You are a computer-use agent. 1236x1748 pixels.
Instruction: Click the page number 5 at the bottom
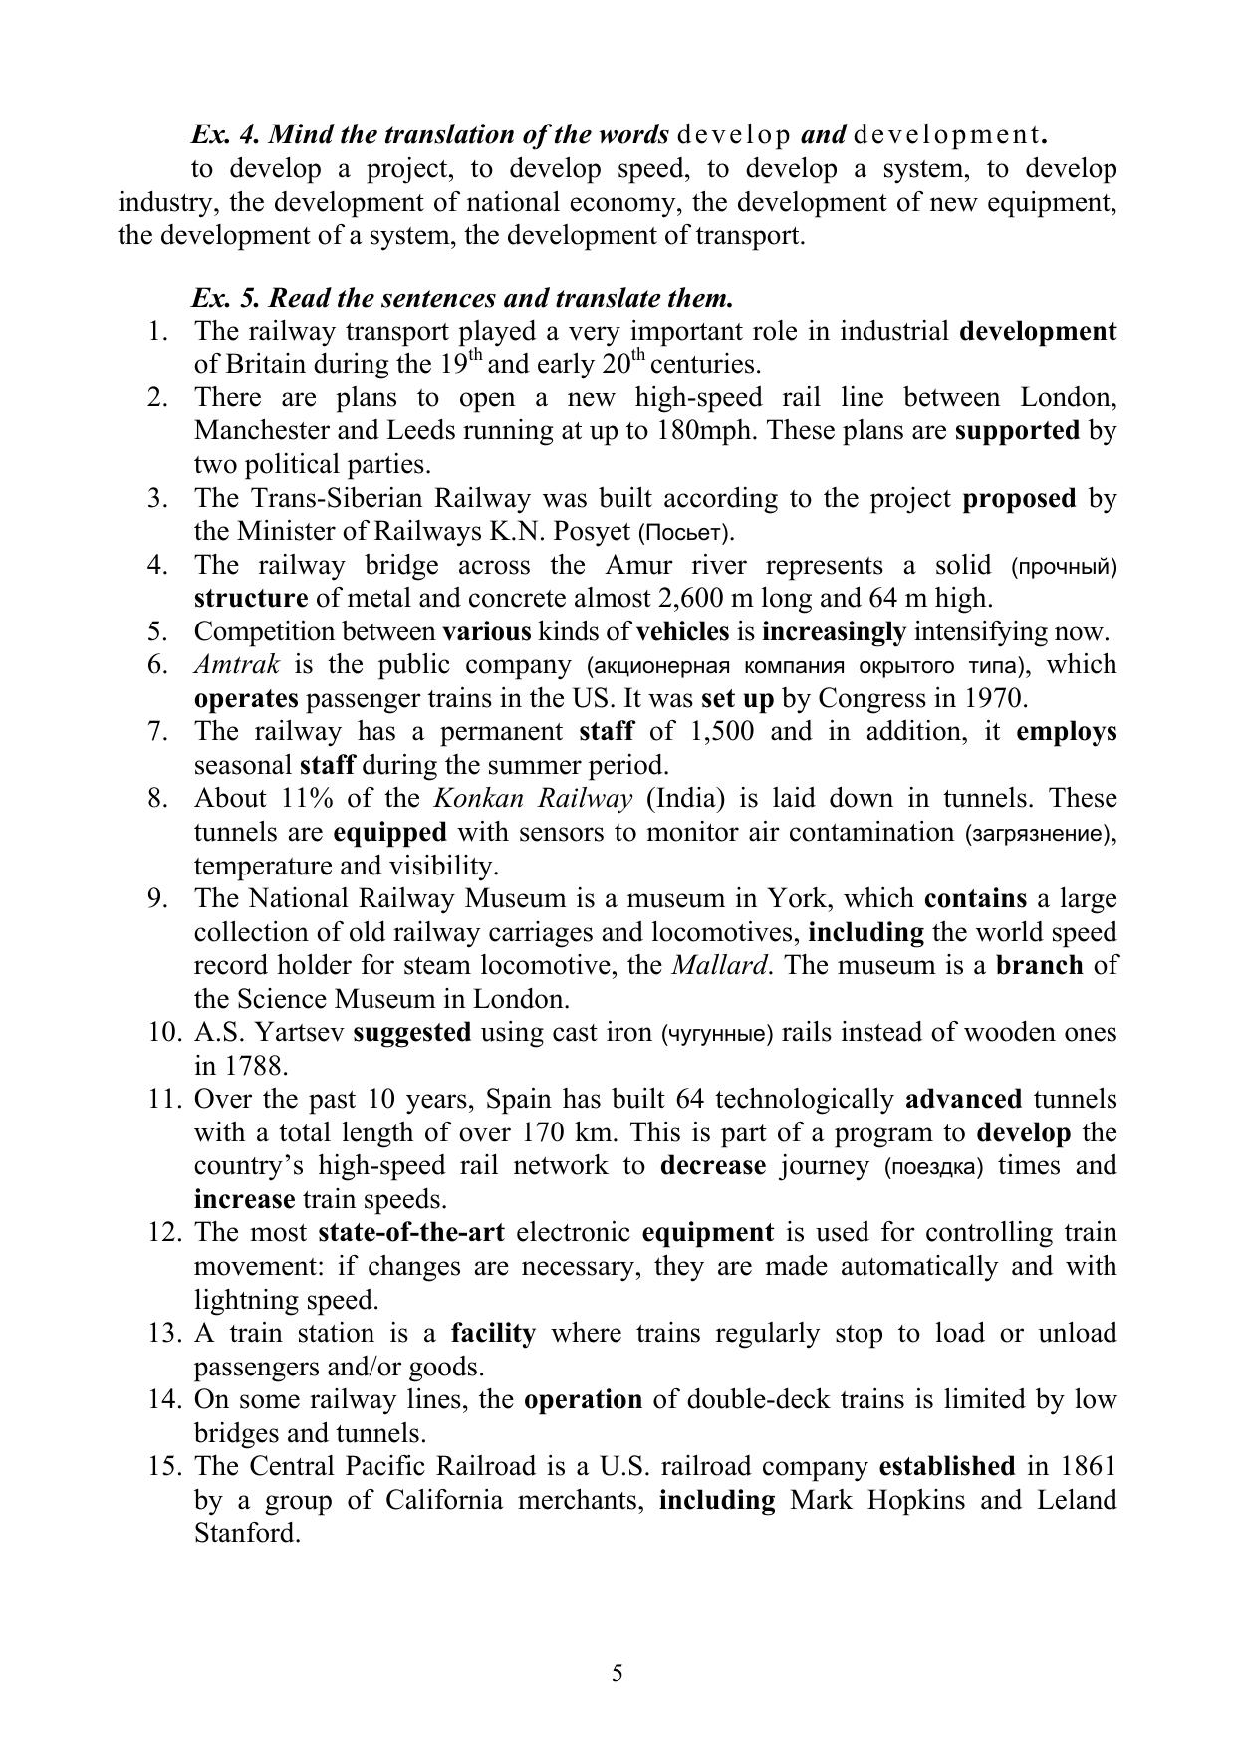[618, 1672]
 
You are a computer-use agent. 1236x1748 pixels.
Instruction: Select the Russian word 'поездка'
[933, 1166]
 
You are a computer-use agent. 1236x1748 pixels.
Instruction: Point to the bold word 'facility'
[493, 1333]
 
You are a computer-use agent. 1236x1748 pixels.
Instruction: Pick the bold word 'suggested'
[412, 1032]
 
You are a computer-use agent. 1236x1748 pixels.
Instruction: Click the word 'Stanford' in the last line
[247, 1533]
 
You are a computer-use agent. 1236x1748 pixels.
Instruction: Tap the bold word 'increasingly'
[834, 631]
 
